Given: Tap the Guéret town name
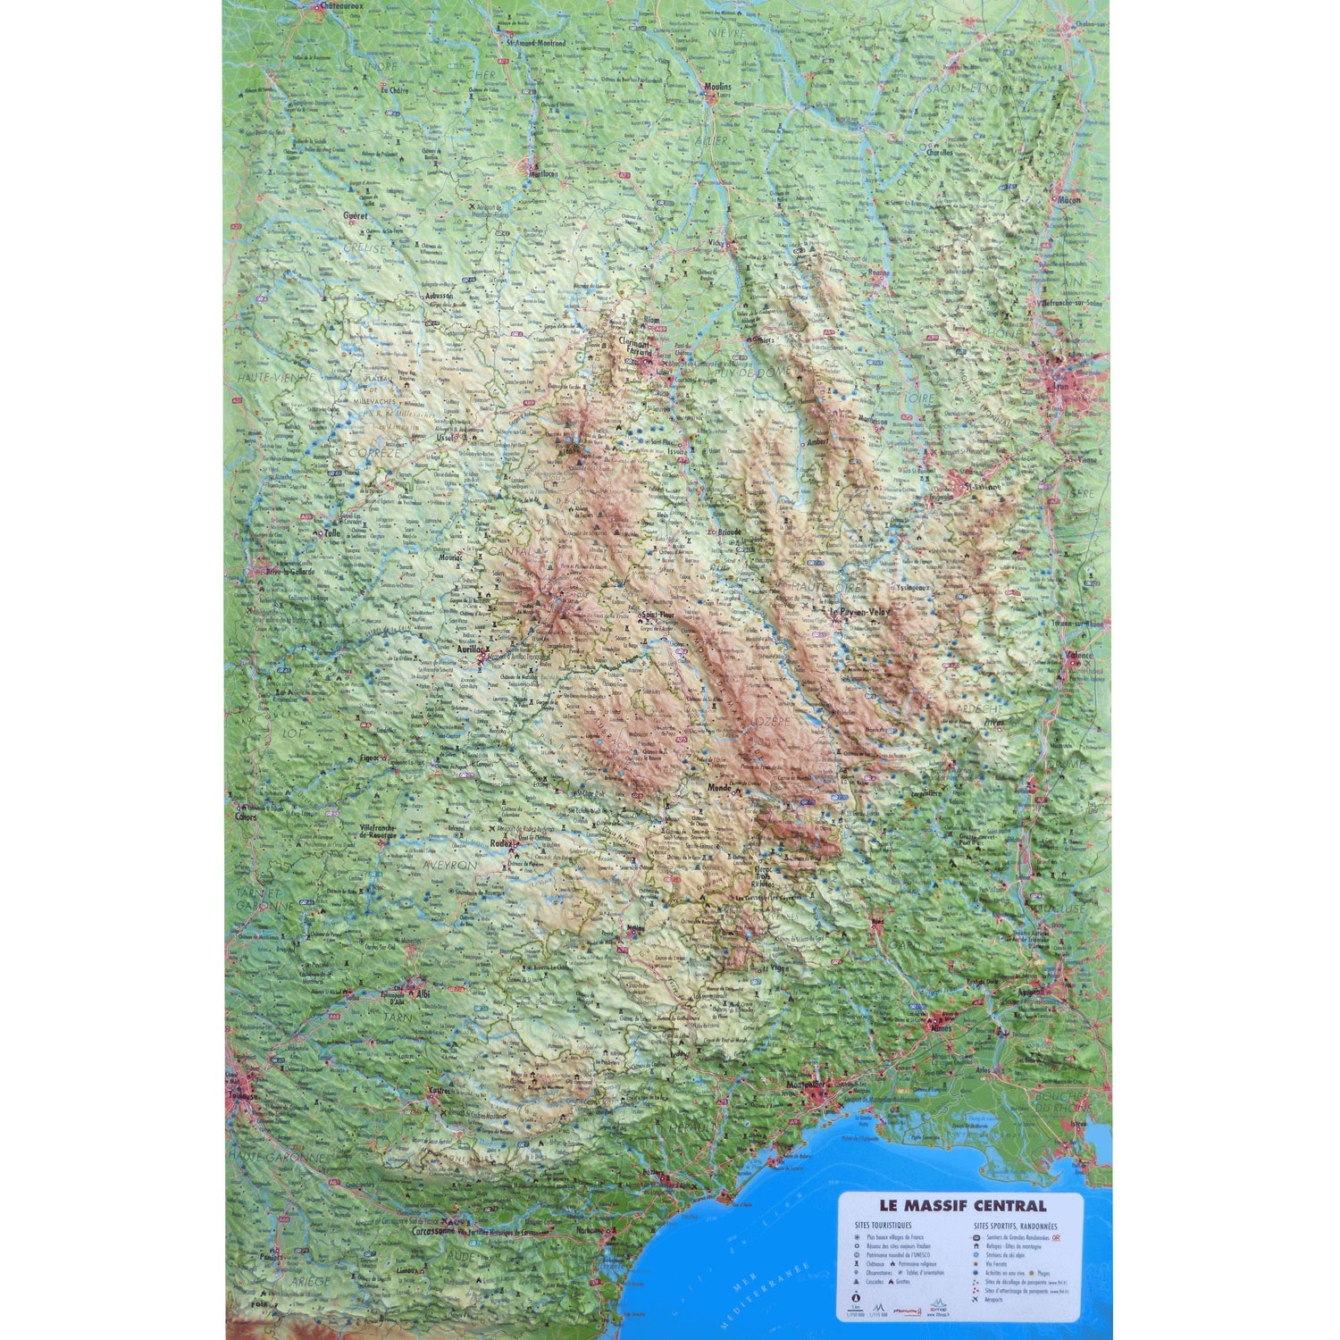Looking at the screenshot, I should coord(356,216).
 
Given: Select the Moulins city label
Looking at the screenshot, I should coord(717,87).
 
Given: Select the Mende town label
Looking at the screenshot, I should coord(719,788).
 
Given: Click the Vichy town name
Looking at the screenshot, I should coord(717,242).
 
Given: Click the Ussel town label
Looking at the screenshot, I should coord(446,438).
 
